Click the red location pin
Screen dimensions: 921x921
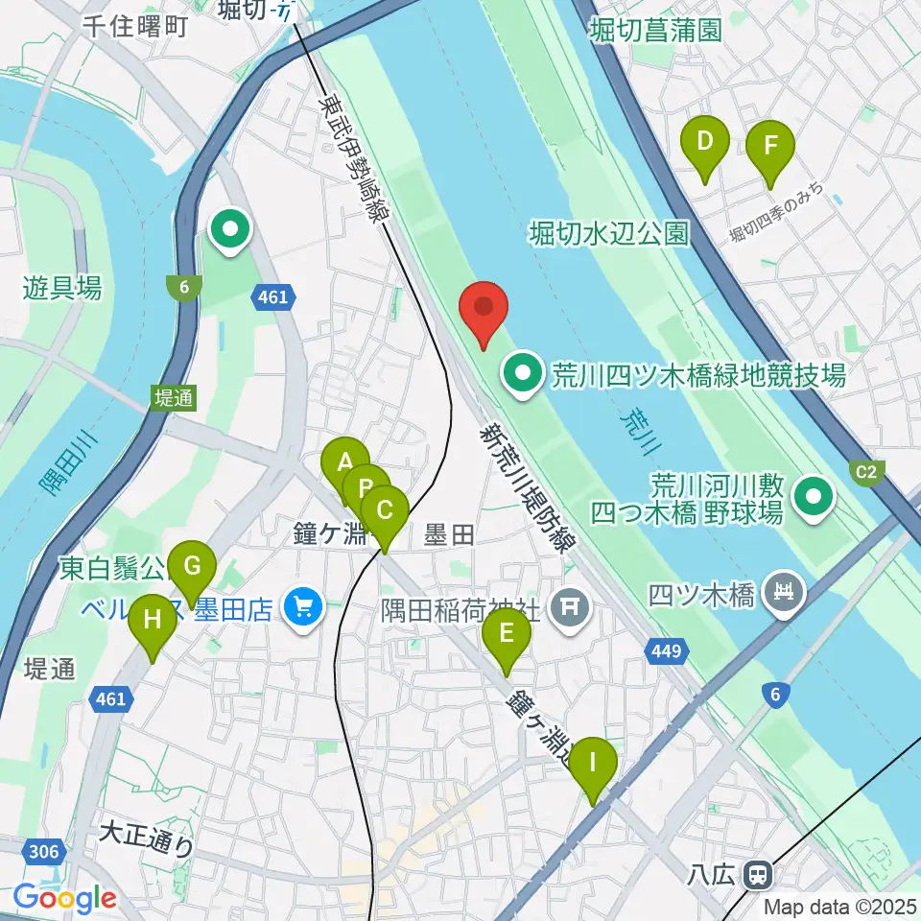[484, 309]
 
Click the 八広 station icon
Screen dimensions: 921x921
[759, 875]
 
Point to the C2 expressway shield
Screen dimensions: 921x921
[865, 471]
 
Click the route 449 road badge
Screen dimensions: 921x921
[668, 652]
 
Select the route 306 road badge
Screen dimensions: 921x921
[44, 852]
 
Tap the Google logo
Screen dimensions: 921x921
[65, 898]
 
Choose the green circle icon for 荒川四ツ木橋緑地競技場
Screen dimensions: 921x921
[524, 373]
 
